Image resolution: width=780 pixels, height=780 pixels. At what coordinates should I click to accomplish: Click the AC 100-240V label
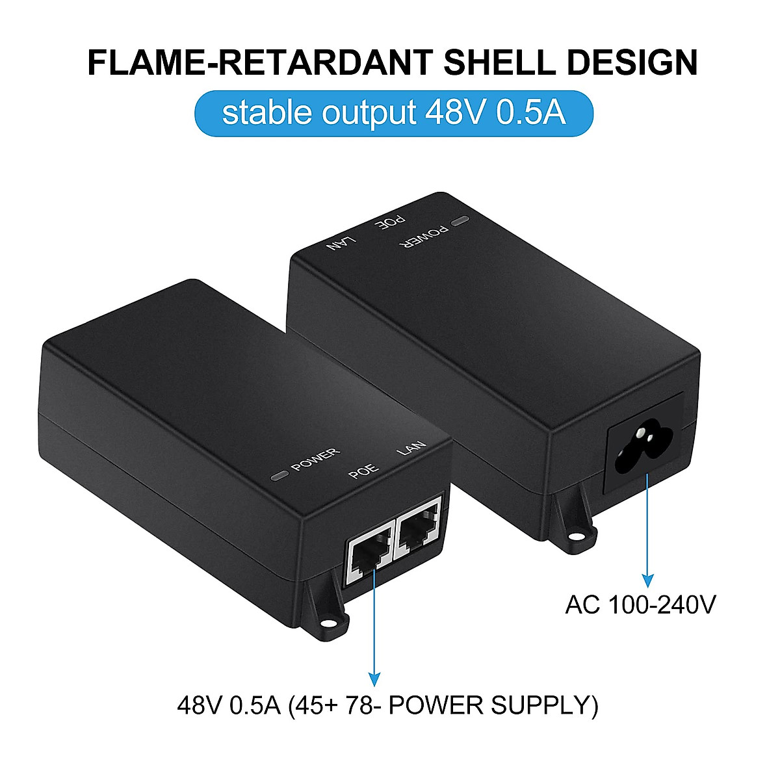click(x=640, y=604)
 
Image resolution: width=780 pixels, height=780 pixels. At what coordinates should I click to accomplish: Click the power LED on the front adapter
click(x=280, y=476)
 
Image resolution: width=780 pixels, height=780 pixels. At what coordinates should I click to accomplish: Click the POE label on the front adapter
click(x=363, y=473)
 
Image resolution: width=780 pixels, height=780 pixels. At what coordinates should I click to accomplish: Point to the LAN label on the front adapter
click(x=412, y=448)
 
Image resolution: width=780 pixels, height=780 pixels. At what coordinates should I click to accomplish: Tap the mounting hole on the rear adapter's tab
click(x=575, y=536)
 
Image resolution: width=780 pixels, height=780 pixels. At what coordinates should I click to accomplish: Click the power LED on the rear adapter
click(x=461, y=222)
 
